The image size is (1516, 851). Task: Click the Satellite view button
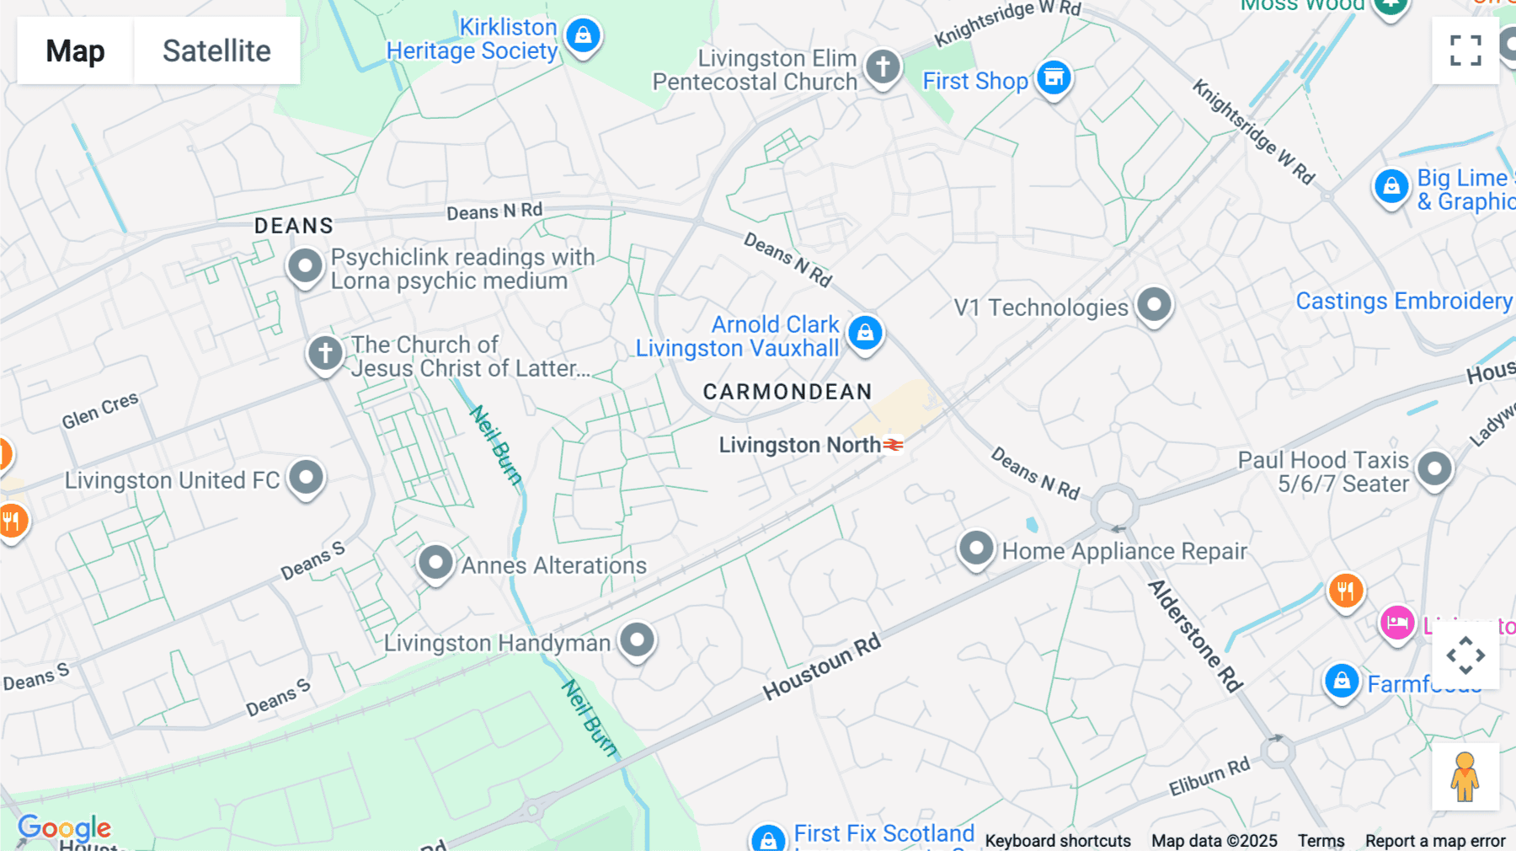[216, 51]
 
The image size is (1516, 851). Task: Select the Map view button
[75, 51]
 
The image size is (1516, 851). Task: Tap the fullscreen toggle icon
[1465, 51]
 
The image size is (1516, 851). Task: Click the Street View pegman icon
[1465, 777]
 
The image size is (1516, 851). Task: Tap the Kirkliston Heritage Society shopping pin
[583, 36]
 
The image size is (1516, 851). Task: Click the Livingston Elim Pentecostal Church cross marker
[883, 66]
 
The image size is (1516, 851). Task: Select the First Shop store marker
[1054, 78]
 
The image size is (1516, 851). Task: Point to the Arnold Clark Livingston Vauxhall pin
[865, 333]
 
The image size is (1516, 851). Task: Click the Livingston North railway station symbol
[894, 444]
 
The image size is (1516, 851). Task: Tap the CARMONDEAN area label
[787, 392]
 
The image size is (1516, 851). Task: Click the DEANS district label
[294, 226]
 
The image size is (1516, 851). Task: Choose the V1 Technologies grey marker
[1154, 304]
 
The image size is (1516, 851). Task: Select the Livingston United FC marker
[306, 478]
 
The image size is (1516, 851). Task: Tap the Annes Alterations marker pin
[435, 562]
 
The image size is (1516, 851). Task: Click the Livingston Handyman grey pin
[637, 640]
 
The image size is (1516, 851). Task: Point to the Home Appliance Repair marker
[976, 549]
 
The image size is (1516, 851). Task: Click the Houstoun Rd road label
[821, 666]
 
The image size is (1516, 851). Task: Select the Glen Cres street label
[99, 410]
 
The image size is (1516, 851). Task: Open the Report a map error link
[1435, 840]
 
